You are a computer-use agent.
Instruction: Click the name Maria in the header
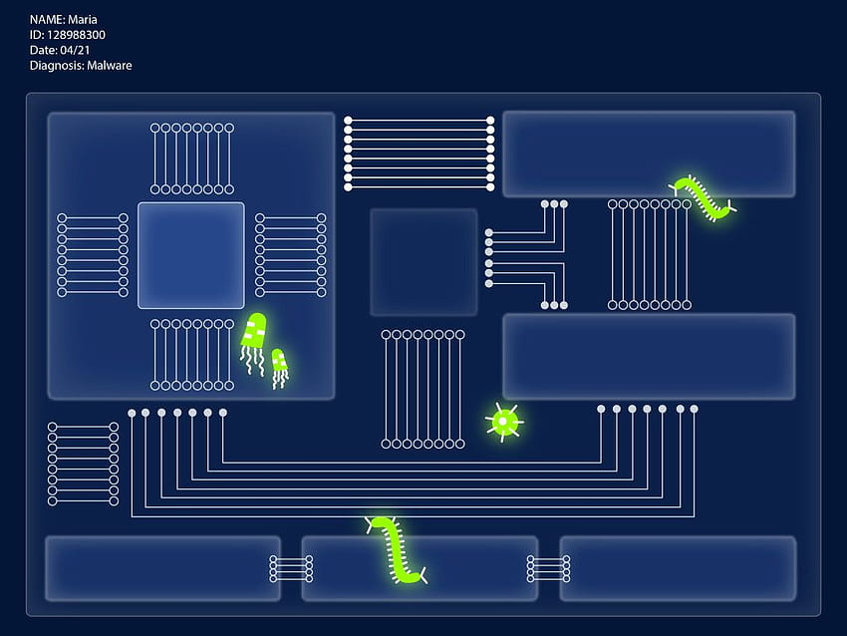pos(83,20)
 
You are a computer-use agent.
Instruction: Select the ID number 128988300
pos(76,35)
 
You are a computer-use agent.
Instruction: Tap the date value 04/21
pos(75,50)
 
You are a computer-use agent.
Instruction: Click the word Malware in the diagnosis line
pos(110,66)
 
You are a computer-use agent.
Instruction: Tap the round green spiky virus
pos(503,421)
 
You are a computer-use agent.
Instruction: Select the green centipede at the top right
pos(703,197)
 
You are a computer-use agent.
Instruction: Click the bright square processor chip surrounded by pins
pos(191,255)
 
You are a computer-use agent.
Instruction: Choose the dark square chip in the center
pos(423,262)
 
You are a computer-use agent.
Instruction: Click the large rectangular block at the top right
pos(649,154)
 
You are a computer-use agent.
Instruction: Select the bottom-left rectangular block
pos(162,568)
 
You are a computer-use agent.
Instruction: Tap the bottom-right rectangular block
pos(678,568)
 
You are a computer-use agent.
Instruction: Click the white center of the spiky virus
pos(503,421)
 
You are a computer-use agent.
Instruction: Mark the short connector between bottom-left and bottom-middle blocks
pos(291,568)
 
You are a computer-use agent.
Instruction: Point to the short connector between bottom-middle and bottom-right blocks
pos(548,568)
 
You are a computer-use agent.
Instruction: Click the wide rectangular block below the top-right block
pos(649,357)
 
